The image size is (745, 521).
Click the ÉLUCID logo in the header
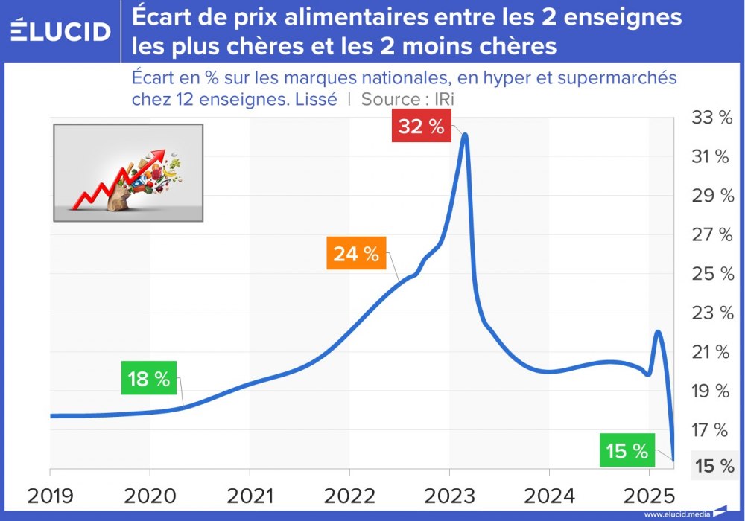click(x=61, y=31)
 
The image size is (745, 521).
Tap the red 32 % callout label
click(x=421, y=127)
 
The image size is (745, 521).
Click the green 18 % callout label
click(x=149, y=379)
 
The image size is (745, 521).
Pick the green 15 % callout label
click(x=627, y=451)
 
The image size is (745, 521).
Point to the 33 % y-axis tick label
click(x=713, y=118)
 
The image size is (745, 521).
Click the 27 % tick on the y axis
click(x=713, y=235)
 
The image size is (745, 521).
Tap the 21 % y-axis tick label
click(x=713, y=352)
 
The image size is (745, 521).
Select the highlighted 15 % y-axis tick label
click(x=714, y=466)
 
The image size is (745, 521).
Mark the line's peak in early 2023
click(x=465, y=135)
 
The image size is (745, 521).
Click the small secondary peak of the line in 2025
click(x=659, y=332)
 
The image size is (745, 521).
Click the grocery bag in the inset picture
click(x=119, y=198)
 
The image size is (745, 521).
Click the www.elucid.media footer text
click(x=676, y=514)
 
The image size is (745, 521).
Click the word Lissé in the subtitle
click(x=317, y=99)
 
